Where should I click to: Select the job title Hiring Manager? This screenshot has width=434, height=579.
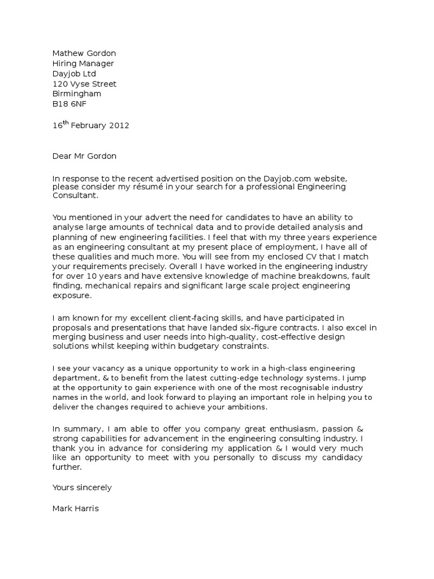click(83, 63)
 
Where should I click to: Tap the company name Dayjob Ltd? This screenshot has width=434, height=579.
click(74, 74)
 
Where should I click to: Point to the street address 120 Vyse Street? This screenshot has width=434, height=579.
click(84, 84)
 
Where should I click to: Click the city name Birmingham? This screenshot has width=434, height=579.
click(77, 94)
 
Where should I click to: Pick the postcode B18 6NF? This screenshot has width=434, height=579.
click(70, 104)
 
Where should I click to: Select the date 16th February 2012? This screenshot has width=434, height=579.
click(90, 126)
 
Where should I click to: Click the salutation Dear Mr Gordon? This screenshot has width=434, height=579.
click(84, 156)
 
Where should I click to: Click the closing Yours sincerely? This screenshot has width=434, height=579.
click(82, 487)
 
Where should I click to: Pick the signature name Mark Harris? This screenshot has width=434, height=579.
click(75, 508)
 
